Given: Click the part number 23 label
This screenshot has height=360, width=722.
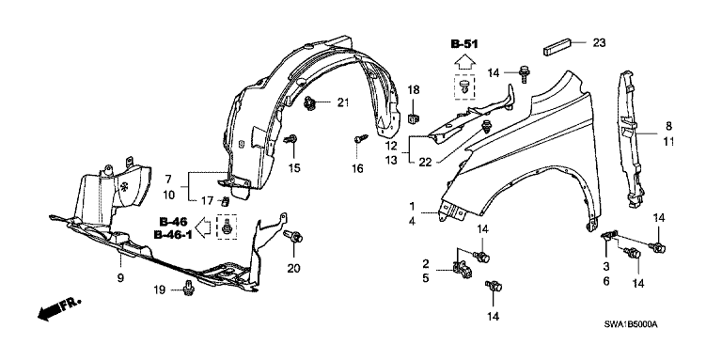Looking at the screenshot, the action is (x=599, y=43).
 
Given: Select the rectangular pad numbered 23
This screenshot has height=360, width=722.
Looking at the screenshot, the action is (x=557, y=45).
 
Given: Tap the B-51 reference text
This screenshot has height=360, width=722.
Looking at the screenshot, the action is (x=463, y=44).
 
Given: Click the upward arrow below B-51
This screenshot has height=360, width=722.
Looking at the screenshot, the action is (x=463, y=61).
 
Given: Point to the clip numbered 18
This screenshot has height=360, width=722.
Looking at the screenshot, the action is (x=413, y=118).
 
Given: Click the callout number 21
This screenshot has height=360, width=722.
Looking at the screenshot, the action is (x=342, y=102).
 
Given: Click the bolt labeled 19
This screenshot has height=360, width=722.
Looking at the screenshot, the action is (x=189, y=288).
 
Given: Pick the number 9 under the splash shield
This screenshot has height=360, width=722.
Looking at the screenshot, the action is (x=120, y=278).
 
